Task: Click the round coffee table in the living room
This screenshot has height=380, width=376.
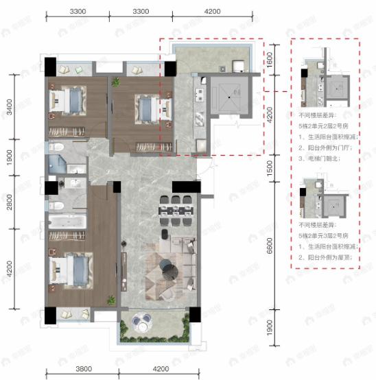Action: (x=170, y=270)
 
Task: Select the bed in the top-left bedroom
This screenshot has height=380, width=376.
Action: (x=67, y=102)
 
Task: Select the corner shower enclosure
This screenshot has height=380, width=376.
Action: (x=56, y=165)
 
